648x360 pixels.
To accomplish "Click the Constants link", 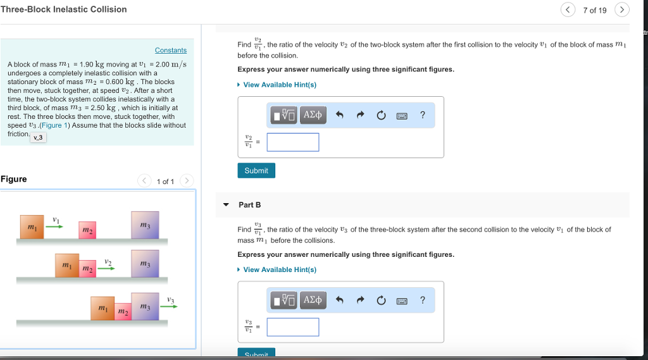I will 170,50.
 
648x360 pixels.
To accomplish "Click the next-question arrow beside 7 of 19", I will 622,9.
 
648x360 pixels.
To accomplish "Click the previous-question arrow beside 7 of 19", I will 568,9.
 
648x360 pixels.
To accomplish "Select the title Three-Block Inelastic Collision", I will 63,9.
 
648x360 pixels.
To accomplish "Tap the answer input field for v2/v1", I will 292,142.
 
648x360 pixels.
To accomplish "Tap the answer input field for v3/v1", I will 292,327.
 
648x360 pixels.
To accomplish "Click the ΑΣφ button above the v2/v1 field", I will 313,115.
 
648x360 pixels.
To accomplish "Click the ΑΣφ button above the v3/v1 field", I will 313,300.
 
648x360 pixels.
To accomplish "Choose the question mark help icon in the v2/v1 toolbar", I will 423,115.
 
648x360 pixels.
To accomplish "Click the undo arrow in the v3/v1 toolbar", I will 339,301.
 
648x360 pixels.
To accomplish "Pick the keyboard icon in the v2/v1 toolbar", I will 401,116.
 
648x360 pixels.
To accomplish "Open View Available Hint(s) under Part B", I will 279,270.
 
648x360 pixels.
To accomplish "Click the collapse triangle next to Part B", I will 226,205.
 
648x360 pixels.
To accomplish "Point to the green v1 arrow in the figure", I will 55,227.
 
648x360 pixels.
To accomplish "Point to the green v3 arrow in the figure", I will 168,307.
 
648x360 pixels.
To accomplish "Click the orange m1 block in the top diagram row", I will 32,227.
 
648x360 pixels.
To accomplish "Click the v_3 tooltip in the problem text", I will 38,137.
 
